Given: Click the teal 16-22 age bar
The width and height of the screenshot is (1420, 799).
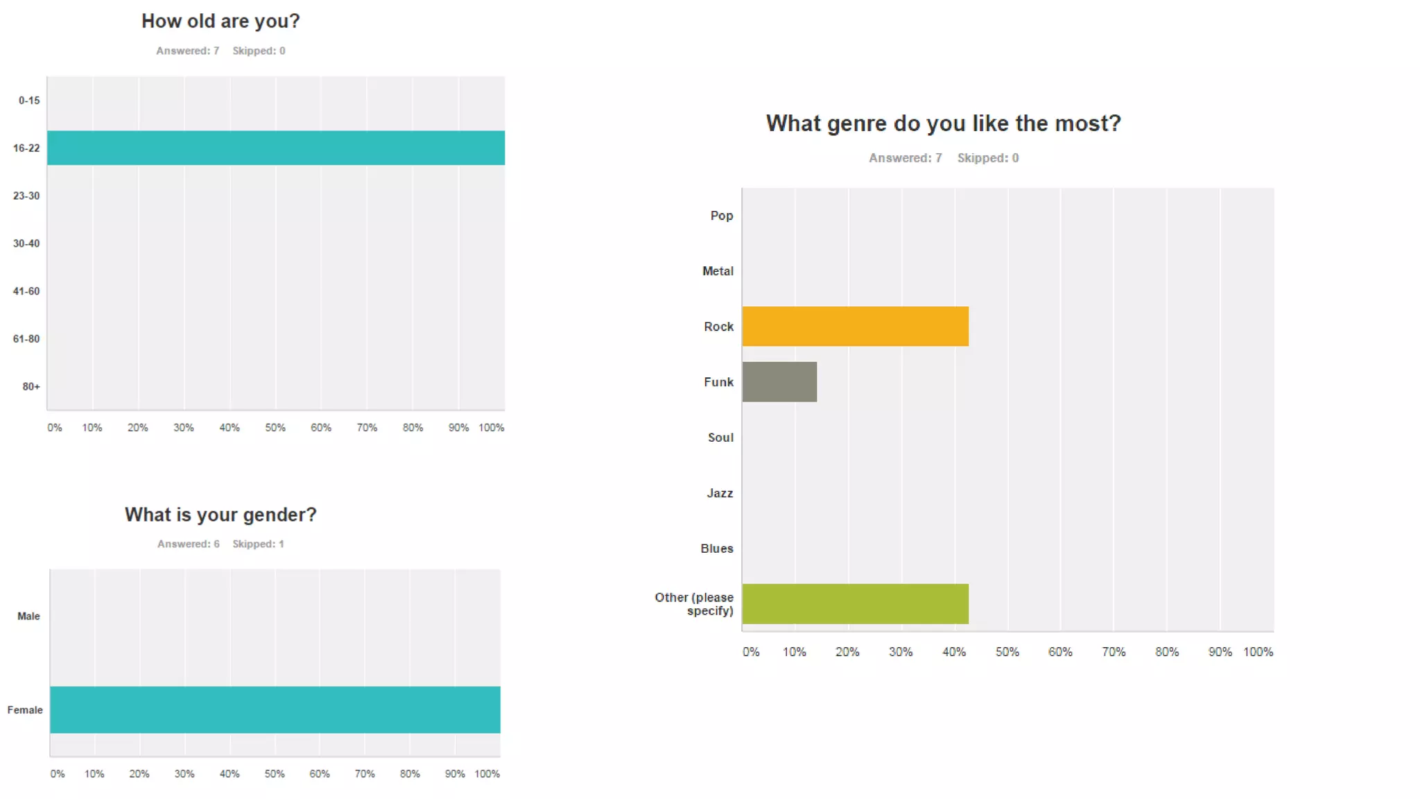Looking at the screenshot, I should click(275, 148).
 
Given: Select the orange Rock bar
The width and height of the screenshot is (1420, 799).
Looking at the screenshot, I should click(855, 326).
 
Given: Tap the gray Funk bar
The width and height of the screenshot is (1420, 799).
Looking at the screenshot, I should click(779, 381).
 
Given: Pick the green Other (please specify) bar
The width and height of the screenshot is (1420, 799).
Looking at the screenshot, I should click(855, 603).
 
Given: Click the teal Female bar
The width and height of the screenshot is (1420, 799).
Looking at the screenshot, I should click(275, 710).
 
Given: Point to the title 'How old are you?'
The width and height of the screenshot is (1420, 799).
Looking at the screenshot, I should click(220, 22).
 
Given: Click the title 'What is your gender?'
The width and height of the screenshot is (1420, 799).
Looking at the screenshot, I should click(220, 515).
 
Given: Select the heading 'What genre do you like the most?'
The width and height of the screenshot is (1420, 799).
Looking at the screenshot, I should click(943, 123).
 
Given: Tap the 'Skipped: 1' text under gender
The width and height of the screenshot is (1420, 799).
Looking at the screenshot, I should click(258, 544).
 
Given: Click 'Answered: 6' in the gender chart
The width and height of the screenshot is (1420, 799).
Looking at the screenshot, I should click(189, 544).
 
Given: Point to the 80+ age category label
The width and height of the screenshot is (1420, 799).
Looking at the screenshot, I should click(31, 386).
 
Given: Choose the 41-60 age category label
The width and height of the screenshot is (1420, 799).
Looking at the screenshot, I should click(26, 291).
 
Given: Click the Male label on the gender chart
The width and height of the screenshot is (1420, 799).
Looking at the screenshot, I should click(28, 616).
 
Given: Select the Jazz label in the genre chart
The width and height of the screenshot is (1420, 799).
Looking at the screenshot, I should click(720, 493).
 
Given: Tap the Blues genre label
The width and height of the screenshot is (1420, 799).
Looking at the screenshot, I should click(716, 549).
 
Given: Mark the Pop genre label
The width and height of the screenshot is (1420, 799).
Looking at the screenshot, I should click(721, 216).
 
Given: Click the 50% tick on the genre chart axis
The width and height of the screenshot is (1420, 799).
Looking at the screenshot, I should click(1007, 652).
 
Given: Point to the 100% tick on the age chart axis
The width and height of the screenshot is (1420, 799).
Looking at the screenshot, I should click(491, 428).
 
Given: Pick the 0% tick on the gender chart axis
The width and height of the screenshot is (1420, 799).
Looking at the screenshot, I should click(58, 774).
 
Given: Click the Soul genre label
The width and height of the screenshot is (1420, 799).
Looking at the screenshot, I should click(720, 438).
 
